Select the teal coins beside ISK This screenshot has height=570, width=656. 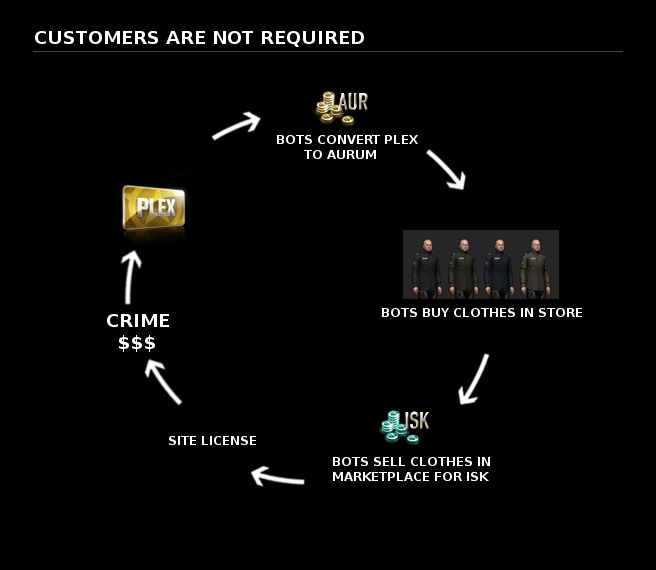click(x=392, y=426)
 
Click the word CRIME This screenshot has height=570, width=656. click(x=138, y=321)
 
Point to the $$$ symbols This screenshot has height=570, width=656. click(x=138, y=343)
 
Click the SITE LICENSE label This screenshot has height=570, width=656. click(x=212, y=440)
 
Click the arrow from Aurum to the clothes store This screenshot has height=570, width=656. click(x=446, y=169)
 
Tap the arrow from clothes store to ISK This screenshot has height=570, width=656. click(x=473, y=379)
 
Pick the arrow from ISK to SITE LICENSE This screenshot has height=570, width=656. click(x=277, y=476)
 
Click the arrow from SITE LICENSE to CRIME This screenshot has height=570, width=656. click(x=162, y=381)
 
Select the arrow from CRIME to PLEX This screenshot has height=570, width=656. click(x=128, y=277)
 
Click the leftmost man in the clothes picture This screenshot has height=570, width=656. click(x=426, y=265)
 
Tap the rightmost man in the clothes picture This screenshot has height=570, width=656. click(x=533, y=265)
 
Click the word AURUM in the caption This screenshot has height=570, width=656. click(x=353, y=155)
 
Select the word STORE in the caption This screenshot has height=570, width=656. click(x=558, y=313)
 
